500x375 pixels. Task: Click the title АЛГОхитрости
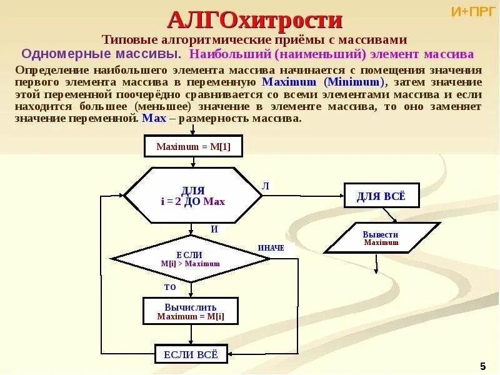tap(255, 20)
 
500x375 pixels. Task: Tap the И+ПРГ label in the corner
tap(473, 11)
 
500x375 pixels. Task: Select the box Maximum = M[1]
tap(193, 147)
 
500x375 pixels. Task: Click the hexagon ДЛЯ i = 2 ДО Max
tap(192, 196)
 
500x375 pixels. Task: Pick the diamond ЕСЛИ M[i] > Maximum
tap(190, 259)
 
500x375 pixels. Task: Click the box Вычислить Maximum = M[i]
tap(191, 311)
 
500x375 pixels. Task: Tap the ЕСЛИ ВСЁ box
tap(191, 354)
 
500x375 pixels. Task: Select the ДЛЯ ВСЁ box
tap(381, 196)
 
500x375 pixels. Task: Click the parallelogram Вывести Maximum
tap(381, 238)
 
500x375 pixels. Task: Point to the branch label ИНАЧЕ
tap(271, 248)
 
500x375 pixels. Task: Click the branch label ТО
tap(170, 287)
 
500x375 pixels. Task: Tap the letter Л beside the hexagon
tap(265, 186)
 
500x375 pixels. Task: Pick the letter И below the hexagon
tap(214, 229)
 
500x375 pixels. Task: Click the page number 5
tap(482, 366)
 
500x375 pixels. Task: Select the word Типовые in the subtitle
tap(129, 39)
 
